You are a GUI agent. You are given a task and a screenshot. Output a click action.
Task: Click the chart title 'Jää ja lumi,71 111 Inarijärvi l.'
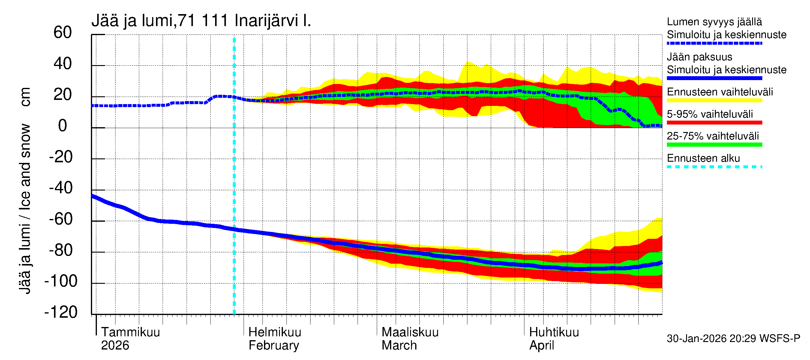point(201,21)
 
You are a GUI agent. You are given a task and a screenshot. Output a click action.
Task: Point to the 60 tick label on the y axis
point(63,32)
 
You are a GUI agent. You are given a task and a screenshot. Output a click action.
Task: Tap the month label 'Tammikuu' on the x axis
point(130,332)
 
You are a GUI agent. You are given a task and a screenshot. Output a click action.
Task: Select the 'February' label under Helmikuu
point(274,345)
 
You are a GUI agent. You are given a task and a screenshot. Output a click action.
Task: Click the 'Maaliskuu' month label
point(410,332)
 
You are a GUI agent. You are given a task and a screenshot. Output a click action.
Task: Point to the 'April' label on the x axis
point(541,345)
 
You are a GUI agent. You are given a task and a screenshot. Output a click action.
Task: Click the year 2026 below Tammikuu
point(115,345)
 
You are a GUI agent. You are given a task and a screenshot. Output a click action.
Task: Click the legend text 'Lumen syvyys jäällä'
point(714,22)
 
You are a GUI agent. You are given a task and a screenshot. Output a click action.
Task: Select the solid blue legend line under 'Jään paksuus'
point(714,78)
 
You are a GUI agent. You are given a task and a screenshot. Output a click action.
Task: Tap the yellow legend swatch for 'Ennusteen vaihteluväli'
point(714,100)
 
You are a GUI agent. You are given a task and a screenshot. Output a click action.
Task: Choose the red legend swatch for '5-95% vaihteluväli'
point(714,122)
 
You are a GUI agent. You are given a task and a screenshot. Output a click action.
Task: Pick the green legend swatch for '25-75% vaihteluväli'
point(714,145)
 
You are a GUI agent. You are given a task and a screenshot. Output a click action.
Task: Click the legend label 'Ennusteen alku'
point(703,158)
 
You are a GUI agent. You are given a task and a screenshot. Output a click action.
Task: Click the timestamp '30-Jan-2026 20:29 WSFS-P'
point(733,338)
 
